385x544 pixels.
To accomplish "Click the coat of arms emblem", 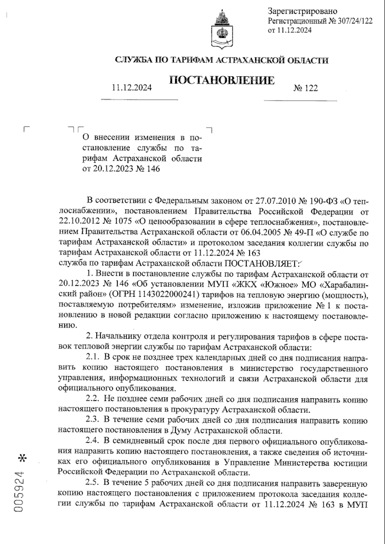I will point(222,30).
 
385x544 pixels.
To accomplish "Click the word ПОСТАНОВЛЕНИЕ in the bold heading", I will point(221,80).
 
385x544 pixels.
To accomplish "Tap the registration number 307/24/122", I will point(355,21).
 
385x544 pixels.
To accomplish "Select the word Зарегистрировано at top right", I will point(302,12).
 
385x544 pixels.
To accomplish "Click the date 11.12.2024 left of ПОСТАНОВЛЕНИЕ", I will point(132,88).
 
